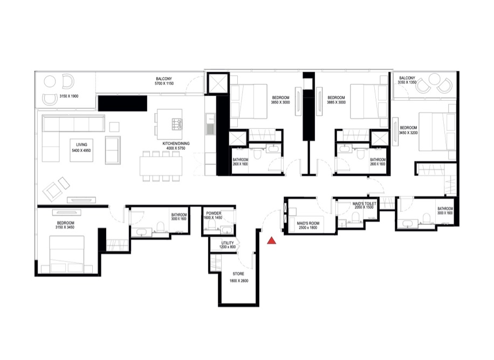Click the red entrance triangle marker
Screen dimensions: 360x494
[272, 240]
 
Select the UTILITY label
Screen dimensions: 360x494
[228, 243]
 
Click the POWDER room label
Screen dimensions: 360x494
[214, 214]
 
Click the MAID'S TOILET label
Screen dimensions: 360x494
[365, 203]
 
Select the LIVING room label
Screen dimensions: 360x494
[81, 144]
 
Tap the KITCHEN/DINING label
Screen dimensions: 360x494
[176, 144]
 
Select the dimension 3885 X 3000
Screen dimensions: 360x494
[337, 102]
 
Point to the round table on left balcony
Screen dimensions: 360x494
[50, 82]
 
